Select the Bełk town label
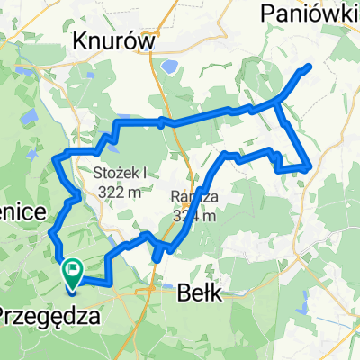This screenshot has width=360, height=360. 203,294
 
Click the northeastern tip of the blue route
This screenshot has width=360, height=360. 310,66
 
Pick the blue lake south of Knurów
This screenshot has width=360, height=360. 168,66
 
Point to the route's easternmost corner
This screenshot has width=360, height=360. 310,166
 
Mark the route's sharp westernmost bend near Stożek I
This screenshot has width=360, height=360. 57,158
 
